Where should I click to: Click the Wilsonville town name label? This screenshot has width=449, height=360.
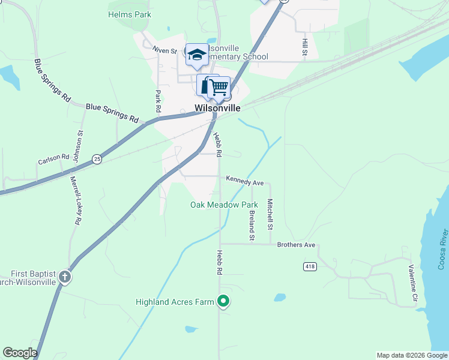(x=217, y=109)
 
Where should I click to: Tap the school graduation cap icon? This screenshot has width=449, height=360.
(x=196, y=55)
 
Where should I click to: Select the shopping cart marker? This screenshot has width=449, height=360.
(x=220, y=87)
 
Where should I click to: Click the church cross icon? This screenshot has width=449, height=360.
(x=64, y=277)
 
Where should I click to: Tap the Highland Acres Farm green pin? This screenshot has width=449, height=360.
(x=223, y=301)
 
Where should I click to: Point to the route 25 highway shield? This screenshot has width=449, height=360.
(x=97, y=158)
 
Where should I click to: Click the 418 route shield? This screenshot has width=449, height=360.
(x=310, y=266)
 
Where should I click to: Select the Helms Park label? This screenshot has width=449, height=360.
(x=130, y=14)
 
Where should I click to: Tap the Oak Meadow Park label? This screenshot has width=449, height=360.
(x=224, y=205)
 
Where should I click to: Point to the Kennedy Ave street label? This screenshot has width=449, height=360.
(x=245, y=181)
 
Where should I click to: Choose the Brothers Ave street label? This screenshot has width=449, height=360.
(x=296, y=245)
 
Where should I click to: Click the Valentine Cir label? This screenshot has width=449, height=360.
(x=413, y=283)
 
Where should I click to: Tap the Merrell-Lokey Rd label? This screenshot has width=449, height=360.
(x=75, y=200)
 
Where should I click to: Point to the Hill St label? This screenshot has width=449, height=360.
(x=305, y=47)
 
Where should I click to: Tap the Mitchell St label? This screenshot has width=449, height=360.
(x=270, y=214)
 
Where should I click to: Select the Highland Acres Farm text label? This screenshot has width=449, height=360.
(x=175, y=302)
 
